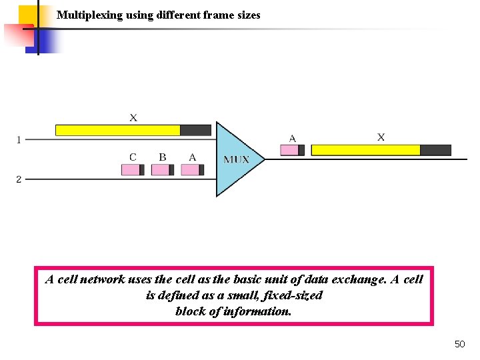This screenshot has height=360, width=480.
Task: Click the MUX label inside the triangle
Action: click(237, 159)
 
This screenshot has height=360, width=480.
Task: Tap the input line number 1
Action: click(19, 140)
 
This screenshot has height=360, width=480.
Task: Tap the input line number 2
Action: click(19, 179)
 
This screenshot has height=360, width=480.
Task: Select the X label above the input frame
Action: click(133, 118)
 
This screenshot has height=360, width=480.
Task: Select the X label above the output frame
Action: click(381, 137)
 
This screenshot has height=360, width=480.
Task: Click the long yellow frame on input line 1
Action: click(118, 130)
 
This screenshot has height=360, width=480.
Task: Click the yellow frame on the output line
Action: click(365, 150)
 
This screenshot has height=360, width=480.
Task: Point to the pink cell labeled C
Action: click(131, 170)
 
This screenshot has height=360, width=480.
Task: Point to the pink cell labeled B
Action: click(161, 170)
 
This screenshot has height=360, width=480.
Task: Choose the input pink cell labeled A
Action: click(191, 170)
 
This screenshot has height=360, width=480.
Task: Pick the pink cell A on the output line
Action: click(289, 150)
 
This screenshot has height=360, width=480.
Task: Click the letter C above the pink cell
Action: click(133, 157)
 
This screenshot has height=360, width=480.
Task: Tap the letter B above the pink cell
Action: click(163, 157)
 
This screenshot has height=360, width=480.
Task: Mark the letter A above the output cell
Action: click(292, 138)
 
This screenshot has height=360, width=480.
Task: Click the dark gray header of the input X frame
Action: click(195, 130)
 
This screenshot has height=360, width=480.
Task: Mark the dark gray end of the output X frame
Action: click(435, 150)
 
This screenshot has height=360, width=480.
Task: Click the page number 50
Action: click(459, 344)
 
